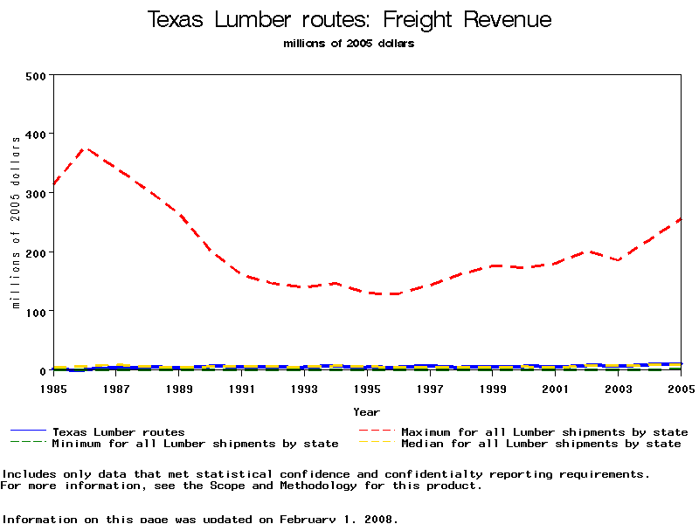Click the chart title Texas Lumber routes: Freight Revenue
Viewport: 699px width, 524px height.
tap(349, 19)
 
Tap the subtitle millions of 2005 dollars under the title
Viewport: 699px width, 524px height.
tap(349, 44)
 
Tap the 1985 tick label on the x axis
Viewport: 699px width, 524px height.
tap(54, 389)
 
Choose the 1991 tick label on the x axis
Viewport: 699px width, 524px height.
tap(242, 389)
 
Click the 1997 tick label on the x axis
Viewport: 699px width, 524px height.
tap(430, 389)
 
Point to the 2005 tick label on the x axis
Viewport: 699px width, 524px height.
tap(681, 389)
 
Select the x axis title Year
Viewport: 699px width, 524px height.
tap(367, 411)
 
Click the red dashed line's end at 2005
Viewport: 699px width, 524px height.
tap(681, 219)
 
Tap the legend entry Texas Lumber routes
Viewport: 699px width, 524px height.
tap(118, 431)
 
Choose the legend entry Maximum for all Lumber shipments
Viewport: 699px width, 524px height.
tap(543, 431)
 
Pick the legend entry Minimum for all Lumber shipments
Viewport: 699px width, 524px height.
tap(195, 444)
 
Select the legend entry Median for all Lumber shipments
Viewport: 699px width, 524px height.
tap(540, 444)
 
